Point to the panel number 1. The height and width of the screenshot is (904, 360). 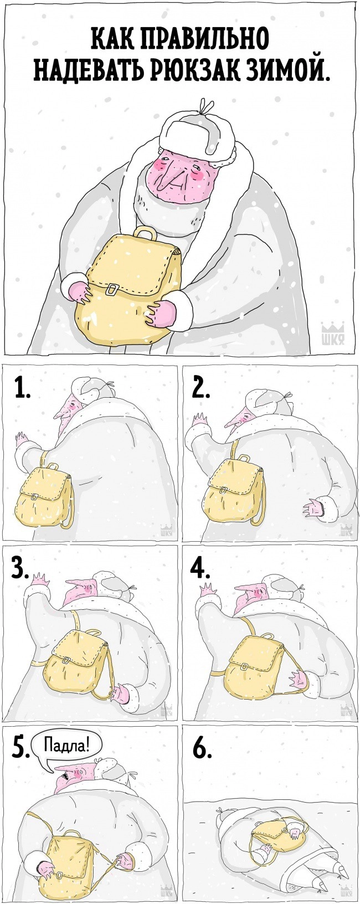click(22, 389)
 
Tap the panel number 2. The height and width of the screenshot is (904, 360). click(200, 389)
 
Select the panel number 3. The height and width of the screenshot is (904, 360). click(20, 569)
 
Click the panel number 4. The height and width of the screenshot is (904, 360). click(200, 569)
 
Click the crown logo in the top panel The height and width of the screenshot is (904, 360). click(332, 333)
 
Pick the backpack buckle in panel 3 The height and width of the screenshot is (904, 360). click(65, 660)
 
